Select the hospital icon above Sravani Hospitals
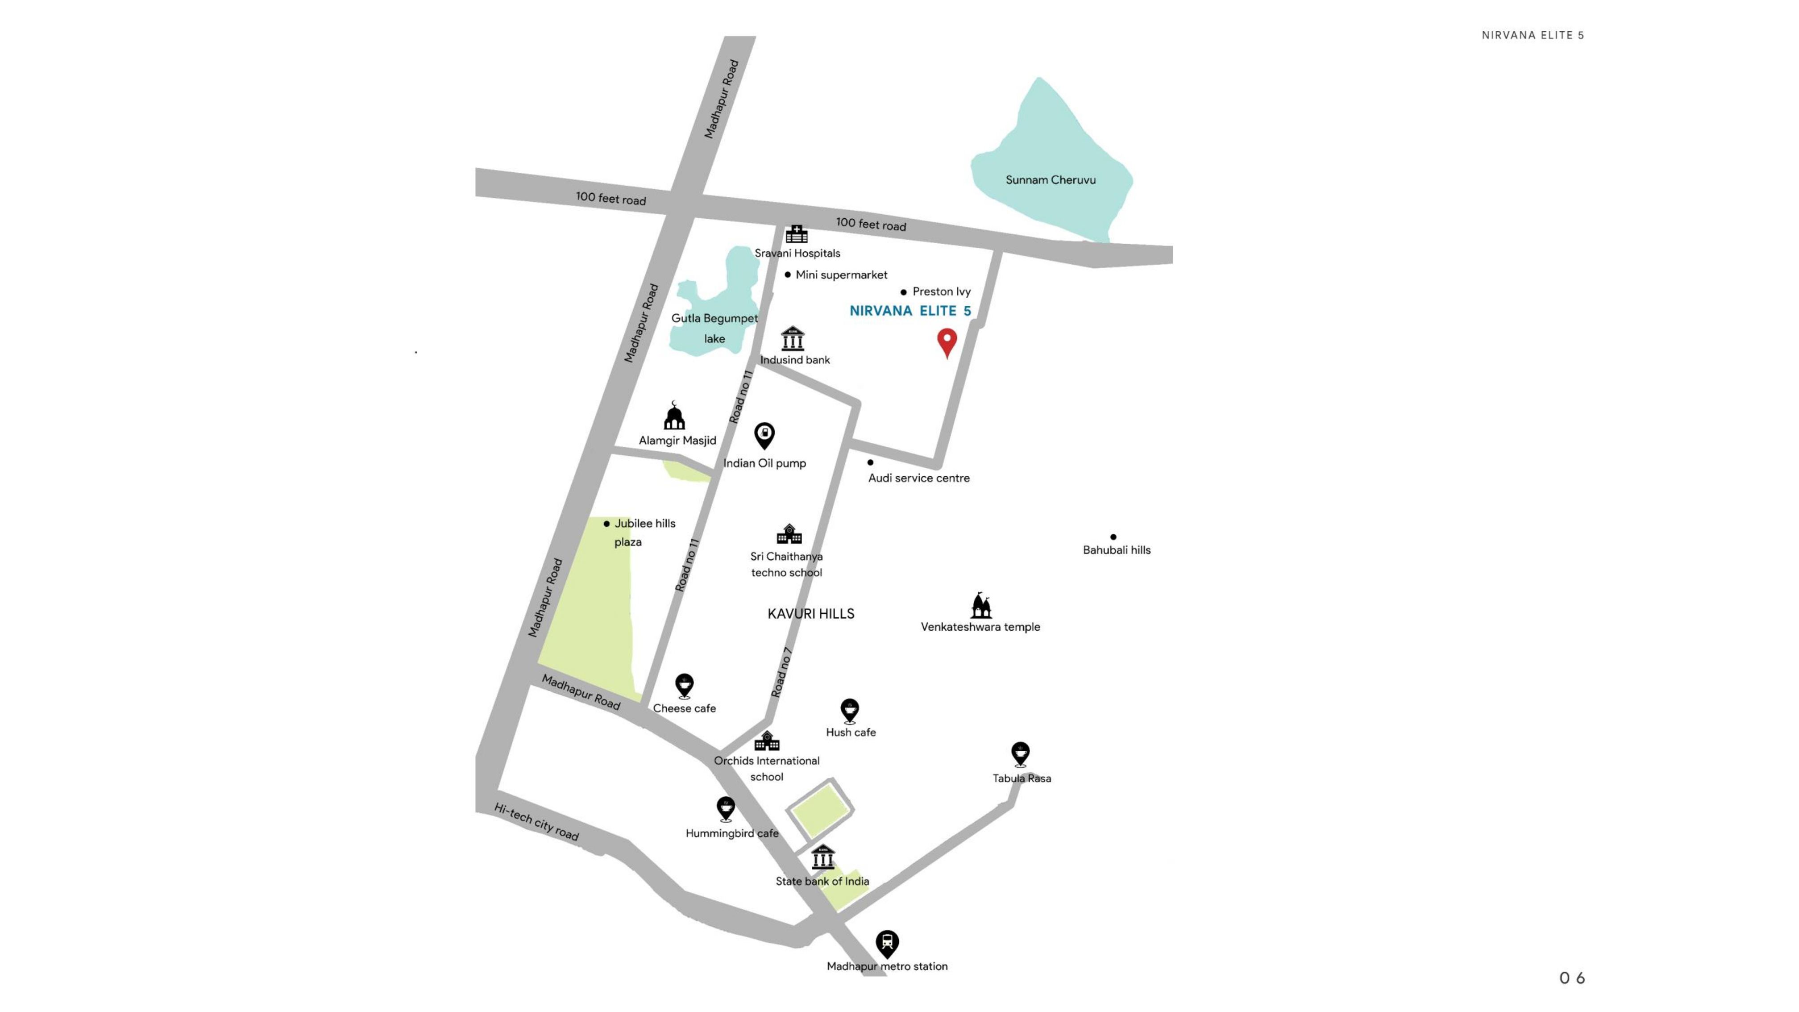point(796,234)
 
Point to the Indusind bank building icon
point(793,339)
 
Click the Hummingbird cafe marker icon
point(726,809)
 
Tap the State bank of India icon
point(823,858)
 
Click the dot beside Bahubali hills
point(1113,537)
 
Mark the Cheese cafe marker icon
point(685,686)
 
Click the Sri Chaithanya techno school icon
point(789,534)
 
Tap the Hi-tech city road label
point(536,822)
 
